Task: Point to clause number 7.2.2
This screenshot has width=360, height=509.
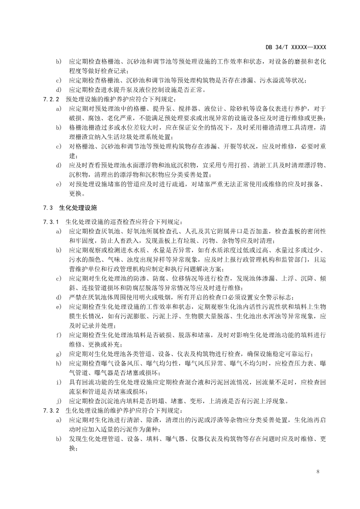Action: coord(51,99)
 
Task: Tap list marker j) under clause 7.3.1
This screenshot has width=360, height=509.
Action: coord(59,401)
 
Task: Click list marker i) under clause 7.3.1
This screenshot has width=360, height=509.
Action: coord(59,382)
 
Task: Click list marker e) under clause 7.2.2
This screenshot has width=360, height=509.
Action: coord(59,184)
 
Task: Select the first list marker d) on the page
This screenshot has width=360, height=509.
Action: coord(59,90)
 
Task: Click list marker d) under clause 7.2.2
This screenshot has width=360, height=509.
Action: coord(59,165)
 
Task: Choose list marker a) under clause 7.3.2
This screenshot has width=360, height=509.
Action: coord(59,420)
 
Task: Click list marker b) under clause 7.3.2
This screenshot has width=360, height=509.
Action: coord(59,438)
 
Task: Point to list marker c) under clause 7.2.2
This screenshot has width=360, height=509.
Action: coord(59,147)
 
